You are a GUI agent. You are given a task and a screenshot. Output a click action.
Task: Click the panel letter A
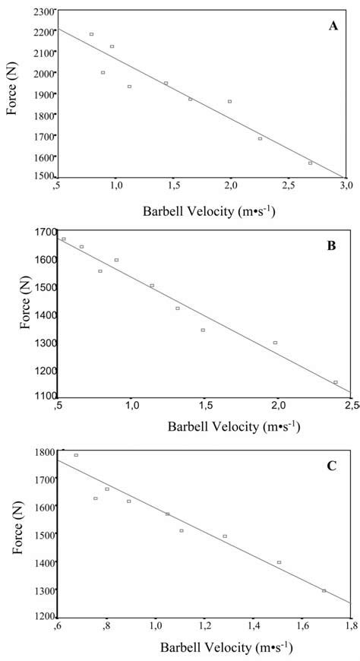(x=333, y=26)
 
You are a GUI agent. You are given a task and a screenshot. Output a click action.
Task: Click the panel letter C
(x=331, y=465)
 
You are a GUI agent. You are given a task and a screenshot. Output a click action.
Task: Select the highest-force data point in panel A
(x=91, y=34)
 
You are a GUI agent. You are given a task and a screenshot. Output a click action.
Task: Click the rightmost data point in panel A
(x=310, y=163)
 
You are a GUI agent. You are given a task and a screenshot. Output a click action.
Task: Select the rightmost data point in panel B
(x=335, y=382)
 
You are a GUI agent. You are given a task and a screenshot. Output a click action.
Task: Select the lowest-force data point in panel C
(x=324, y=590)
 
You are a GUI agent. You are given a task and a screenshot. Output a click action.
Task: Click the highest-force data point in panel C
(x=76, y=455)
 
